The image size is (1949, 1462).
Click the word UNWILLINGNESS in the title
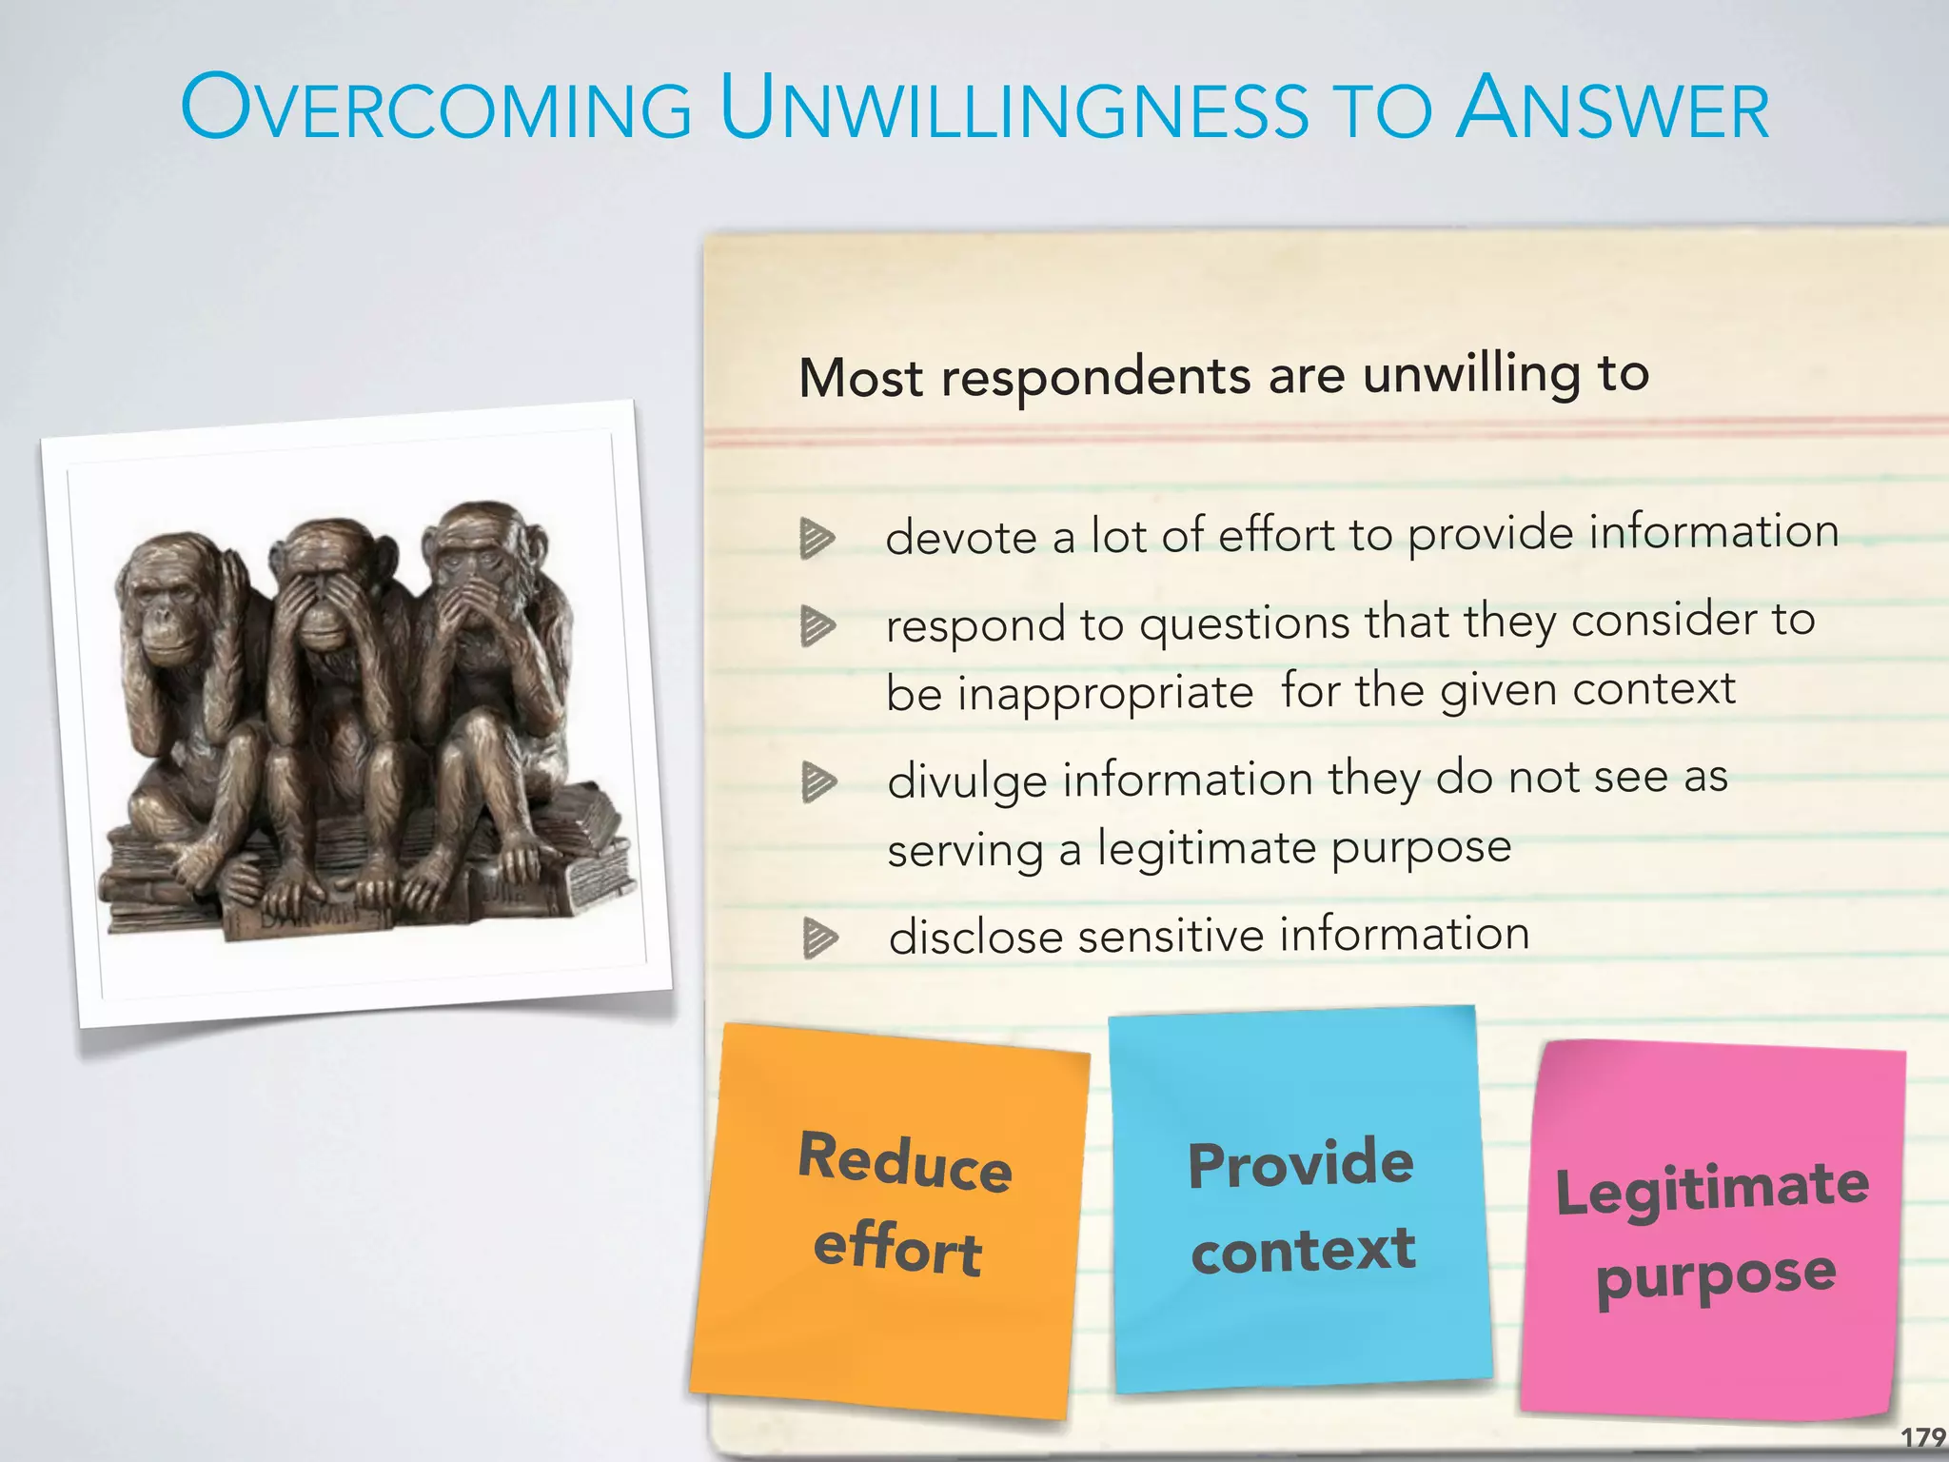pyautogui.click(x=1014, y=109)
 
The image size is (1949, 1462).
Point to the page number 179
pyautogui.click(x=1922, y=1436)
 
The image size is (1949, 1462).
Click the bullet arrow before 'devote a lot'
pyautogui.click(x=817, y=538)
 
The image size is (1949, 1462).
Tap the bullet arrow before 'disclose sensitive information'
pyautogui.click(x=818, y=938)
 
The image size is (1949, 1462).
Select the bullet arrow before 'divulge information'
pyautogui.click(x=817, y=781)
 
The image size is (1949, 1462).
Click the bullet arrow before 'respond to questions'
pyautogui.click(x=817, y=626)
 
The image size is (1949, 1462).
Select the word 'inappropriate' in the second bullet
pyautogui.click(x=1105, y=694)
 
